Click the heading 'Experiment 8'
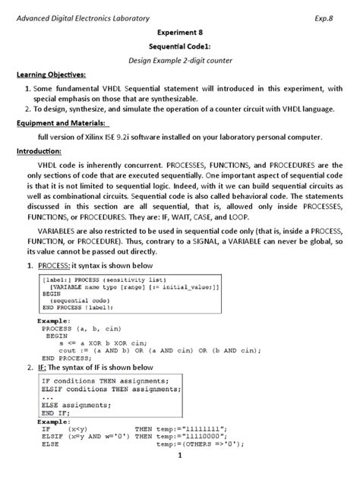[x=180, y=33]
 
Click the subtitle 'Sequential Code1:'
[x=180, y=46]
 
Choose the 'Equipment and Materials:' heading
[x=59, y=122]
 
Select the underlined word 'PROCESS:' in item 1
[x=48, y=265]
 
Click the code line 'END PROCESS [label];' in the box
[x=80, y=308]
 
